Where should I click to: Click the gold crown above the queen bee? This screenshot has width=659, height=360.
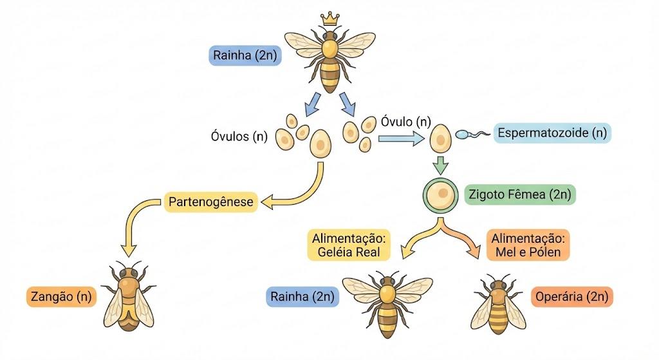(330, 19)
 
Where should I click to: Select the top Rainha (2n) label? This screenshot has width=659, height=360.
(245, 55)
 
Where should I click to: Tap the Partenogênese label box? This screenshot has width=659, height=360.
(211, 202)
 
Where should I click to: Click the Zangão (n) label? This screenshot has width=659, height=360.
(61, 296)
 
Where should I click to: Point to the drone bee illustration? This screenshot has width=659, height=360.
(129, 296)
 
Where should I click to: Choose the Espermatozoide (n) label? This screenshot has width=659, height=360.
(552, 133)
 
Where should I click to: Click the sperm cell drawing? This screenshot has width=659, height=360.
(472, 134)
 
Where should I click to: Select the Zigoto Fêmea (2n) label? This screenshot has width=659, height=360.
(520, 194)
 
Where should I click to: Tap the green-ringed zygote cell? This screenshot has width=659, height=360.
(440, 195)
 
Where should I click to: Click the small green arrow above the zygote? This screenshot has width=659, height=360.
(440, 166)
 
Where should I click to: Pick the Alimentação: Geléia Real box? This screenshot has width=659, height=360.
(349, 245)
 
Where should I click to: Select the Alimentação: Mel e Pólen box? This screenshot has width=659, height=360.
(528, 245)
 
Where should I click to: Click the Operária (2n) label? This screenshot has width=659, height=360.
(572, 296)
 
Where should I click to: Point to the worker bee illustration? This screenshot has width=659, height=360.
(499, 303)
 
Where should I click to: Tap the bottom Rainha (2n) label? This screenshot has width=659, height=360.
(302, 296)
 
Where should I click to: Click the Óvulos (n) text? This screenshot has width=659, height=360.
(239, 137)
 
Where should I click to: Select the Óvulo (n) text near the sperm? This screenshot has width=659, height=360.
(406, 122)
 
